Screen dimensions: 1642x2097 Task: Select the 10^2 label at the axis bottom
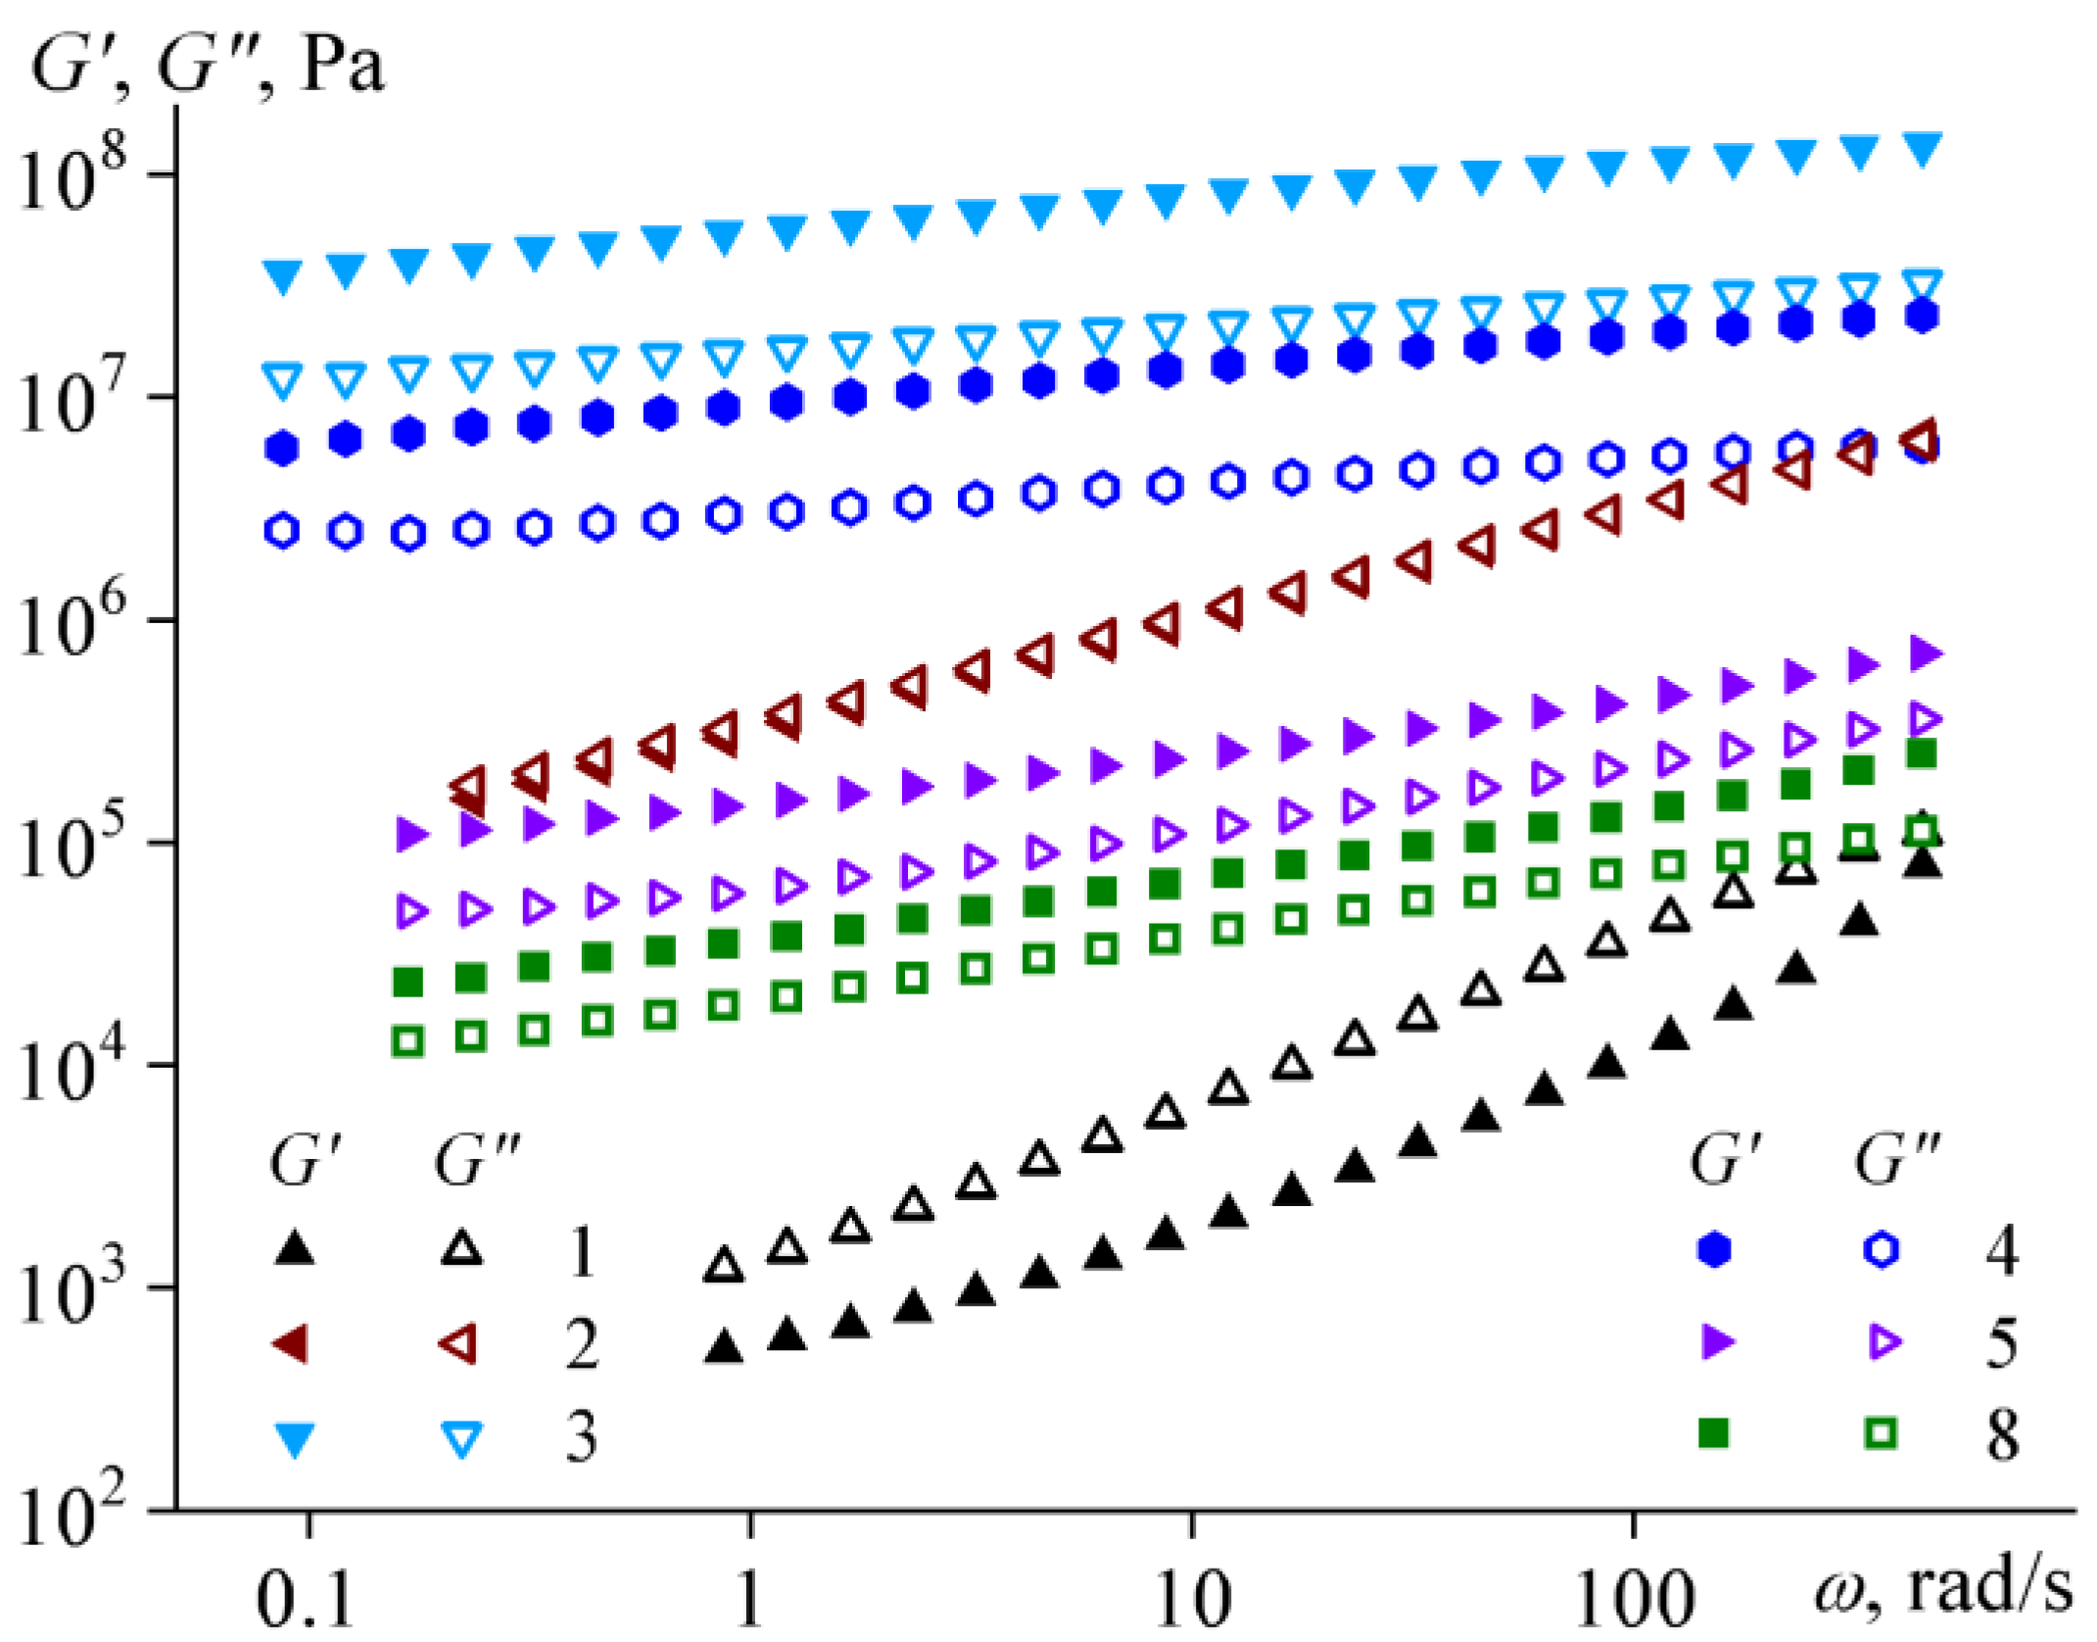pyautogui.click(x=73, y=1515)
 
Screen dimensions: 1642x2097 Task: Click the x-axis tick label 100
pyautogui.click(x=1634, y=1597)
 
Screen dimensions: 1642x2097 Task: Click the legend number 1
pyautogui.click(x=582, y=1251)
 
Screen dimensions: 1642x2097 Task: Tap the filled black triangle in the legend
pyautogui.click(x=296, y=1250)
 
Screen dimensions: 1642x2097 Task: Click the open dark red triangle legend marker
pyautogui.click(x=458, y=1343)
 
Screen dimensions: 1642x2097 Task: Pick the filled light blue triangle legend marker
pyautogui.click(x=296, y=1438)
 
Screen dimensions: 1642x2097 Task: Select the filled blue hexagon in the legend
pyautogui.click(x=1713, y=1250)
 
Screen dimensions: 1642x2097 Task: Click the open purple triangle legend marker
pyautogui.click(x=1883, y=1342)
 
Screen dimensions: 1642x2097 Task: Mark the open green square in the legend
pyautogui.click(x=1881, y=1434)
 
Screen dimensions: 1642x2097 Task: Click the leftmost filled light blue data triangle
pyautogui.click(x=283, y=275)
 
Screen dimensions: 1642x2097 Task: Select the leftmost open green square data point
pyautogui.click(x=407, y=1041)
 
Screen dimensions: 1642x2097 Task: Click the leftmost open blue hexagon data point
pyautogui.click(x=282, y=531)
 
